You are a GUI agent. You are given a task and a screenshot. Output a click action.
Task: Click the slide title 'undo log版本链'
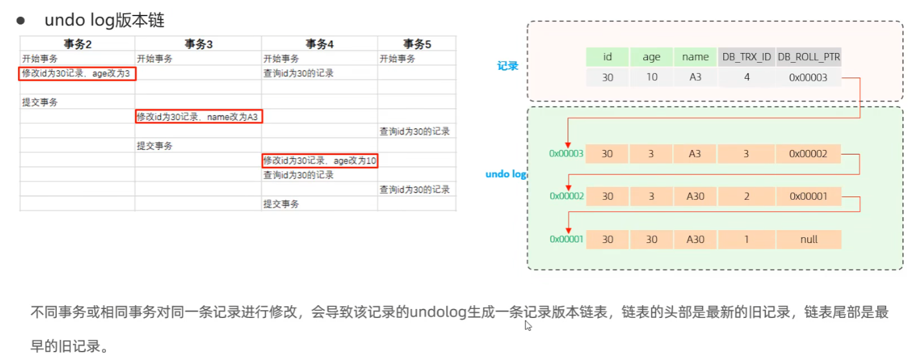point(104,20)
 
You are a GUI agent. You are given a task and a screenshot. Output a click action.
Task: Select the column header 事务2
point(78,44)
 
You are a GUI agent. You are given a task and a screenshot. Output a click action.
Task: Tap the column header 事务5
point(417,44)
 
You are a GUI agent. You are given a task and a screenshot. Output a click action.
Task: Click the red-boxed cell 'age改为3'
point(77,74)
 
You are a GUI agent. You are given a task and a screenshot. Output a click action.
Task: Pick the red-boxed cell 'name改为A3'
point(198,117)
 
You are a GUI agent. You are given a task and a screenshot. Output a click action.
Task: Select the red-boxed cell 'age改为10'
point(319,160)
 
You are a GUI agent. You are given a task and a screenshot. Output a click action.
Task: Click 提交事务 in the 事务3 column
point(154,146)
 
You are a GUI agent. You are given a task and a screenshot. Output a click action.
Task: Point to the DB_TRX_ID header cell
point(746,57)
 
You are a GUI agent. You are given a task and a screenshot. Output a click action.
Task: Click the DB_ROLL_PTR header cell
point(809,57)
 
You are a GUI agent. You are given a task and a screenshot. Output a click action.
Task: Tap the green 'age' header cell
point(651,57)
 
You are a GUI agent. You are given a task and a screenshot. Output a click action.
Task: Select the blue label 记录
point(507,66)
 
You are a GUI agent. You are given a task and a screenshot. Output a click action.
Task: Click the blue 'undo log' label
point(506,175)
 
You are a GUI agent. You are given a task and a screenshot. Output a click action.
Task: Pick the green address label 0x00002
point(566,196)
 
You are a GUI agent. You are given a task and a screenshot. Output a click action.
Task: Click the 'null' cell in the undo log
point(809,240)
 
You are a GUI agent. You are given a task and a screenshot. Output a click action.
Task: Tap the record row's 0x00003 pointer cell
point(809,78)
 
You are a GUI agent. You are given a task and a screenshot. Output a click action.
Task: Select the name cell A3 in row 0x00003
point(695,154)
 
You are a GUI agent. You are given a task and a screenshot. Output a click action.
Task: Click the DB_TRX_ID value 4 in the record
point(746,78)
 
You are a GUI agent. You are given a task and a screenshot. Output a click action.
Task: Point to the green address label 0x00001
point(566,240)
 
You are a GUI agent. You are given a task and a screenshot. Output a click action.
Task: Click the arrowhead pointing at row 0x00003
point(567,143)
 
